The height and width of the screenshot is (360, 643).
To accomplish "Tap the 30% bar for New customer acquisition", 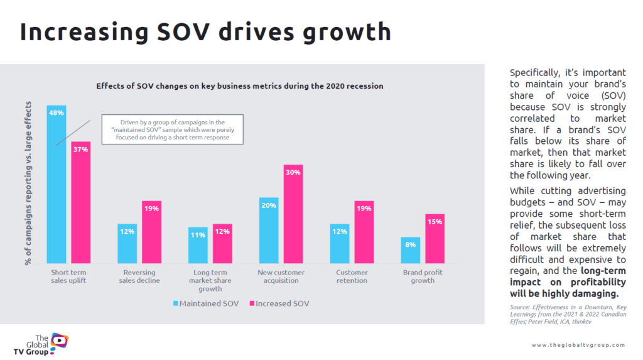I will click(x=293, y=214).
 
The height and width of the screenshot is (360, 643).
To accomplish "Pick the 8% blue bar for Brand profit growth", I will click(x=411, y=249).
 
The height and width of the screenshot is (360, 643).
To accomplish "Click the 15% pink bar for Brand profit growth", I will click(x=435, y=238).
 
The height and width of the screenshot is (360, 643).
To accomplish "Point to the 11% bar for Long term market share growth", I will click(x=198, y=244).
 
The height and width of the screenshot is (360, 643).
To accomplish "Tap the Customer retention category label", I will click(x=352, y=276).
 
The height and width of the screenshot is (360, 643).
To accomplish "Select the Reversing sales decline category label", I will click(x=139, y=276).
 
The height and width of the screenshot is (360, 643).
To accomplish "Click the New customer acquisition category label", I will click(x=281, y=276).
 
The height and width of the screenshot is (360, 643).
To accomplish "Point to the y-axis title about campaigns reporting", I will click(x=29, y=185).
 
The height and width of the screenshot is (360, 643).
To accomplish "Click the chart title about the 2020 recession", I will click(x=239, y=85).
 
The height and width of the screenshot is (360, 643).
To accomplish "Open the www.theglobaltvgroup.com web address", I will click(x=578, y=345).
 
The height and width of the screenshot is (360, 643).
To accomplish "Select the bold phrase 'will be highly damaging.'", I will click(x=564, y=293).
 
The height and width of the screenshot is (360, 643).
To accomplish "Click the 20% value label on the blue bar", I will click(x=268, y=205).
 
